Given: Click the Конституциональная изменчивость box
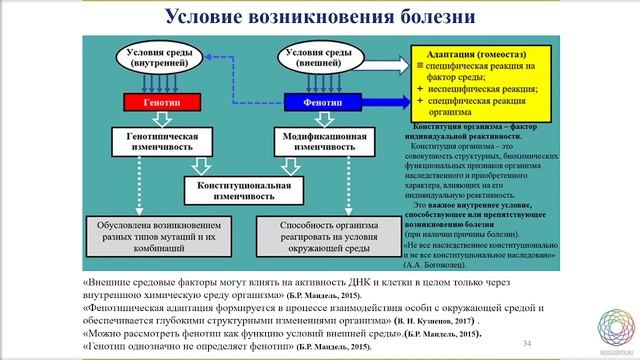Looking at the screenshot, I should (x=237, y=190).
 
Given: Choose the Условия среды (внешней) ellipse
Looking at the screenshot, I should (x=319, y=57).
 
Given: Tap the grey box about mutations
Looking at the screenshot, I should (x=150, y=239).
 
